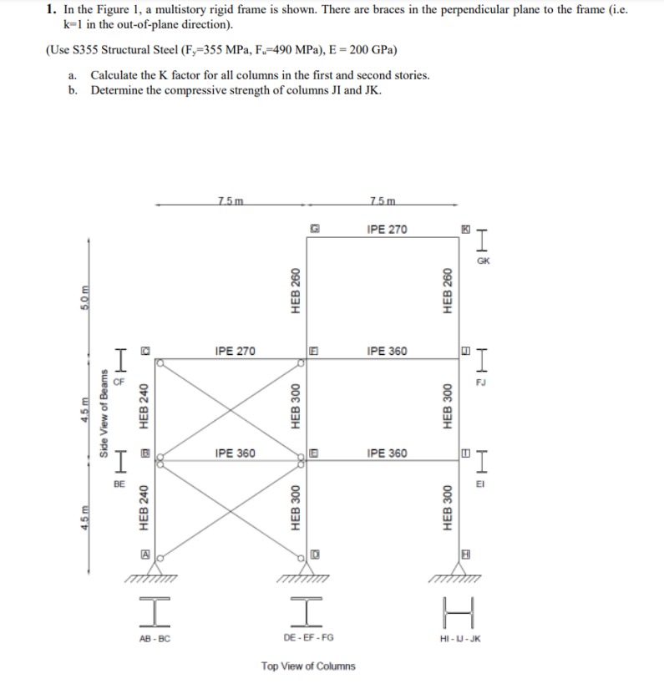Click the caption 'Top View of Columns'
pos(307,666)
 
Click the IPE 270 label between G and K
pos(387,229)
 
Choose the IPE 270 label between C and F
pos(235,351)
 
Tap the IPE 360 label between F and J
pos(387,351)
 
